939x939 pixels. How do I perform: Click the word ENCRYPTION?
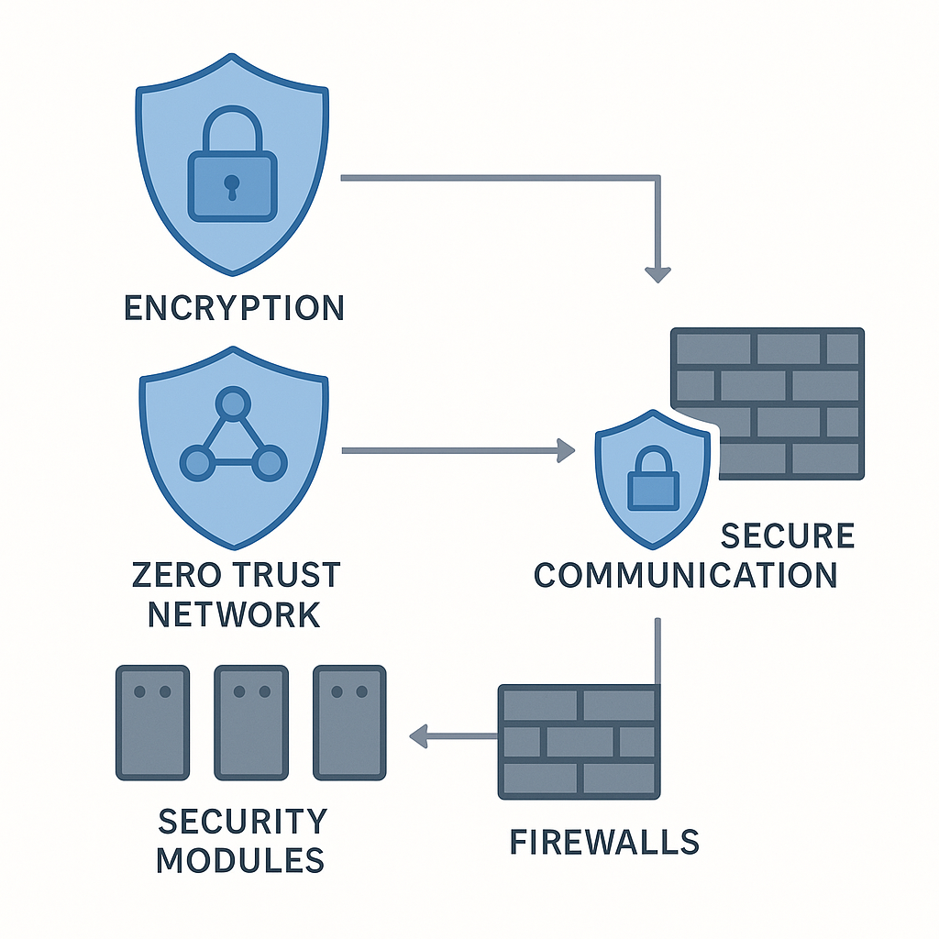234,308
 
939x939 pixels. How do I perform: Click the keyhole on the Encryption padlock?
232,187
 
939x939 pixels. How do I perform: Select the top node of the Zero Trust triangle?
233,403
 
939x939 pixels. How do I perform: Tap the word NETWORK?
234,613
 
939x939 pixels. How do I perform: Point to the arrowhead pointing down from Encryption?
657,273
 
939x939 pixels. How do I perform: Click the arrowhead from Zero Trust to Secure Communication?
566,450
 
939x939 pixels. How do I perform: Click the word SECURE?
787,536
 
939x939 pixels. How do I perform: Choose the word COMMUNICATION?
685,575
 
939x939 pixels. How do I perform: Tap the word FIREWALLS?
603,841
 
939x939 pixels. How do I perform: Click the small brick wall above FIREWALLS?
578,740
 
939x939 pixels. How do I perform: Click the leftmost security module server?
152,723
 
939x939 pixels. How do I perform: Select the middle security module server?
251,723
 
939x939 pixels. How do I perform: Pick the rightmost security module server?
349,723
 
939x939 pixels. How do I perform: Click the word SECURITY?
242,821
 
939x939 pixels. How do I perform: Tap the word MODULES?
239,860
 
